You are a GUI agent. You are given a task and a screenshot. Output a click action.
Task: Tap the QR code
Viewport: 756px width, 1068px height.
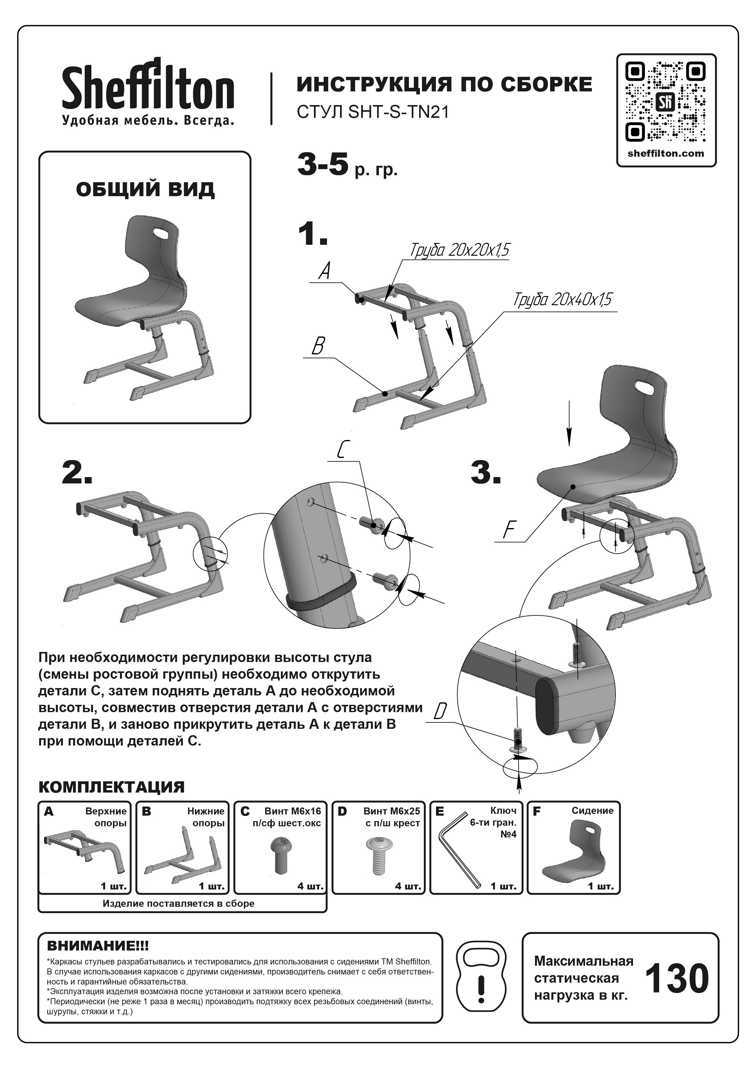(x=666, y=101)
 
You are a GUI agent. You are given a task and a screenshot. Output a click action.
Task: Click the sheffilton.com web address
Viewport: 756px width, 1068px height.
(x=666, y=154)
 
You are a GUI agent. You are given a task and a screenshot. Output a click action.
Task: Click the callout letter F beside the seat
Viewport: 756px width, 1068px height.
(x=510, y=530)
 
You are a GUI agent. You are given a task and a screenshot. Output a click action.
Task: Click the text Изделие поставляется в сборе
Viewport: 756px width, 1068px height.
(x=179, y=904)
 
